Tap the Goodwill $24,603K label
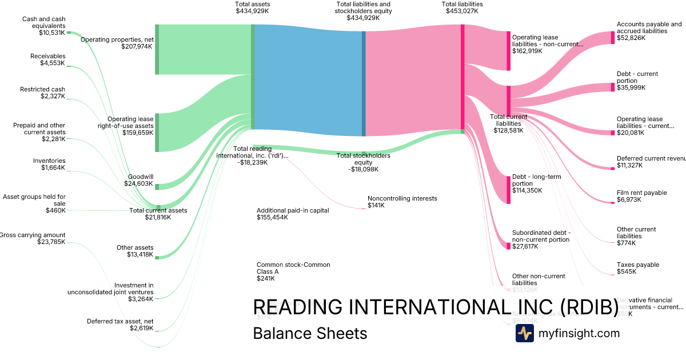pos(139,180)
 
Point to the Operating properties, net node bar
pos(157,49)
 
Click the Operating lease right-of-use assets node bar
pos(157,133)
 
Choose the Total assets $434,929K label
pos(252,7)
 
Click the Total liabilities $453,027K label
pos(462,7)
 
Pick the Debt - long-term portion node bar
pos(508,190)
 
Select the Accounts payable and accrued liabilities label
pos(649,31)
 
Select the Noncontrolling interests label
pos(402,202)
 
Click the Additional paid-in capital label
pos(293,214)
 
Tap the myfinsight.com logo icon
pos(524,333)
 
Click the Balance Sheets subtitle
pos(310,333)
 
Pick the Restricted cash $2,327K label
pos(42,93)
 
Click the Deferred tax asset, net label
pos(120,324)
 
